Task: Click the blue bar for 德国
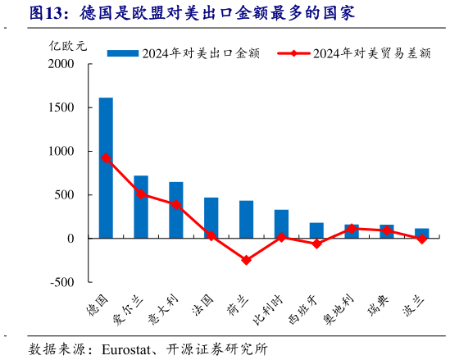coord(106,168)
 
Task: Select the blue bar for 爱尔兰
coord(141,207)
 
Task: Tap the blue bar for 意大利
coord(176,210)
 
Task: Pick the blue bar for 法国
coord(211,218)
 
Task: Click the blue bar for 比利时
coord(281,224)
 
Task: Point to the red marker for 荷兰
coord(246,260)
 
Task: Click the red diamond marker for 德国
coord(106,158)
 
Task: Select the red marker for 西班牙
coord(316,244)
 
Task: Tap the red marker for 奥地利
coord(352,229)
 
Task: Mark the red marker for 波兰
coord(421,239)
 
